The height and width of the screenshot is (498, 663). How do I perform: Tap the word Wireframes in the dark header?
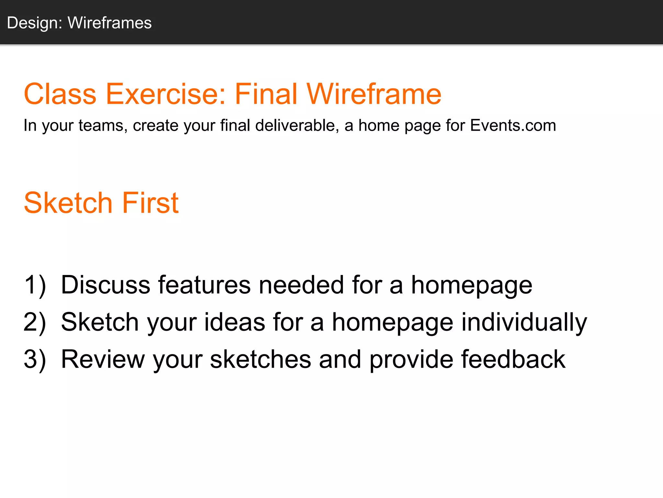109,23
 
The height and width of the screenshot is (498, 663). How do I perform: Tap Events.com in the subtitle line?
513,125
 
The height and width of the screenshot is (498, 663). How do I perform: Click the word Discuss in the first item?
106,285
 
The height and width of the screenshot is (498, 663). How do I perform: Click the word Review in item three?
103,360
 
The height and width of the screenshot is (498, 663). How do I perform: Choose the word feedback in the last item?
513,360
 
